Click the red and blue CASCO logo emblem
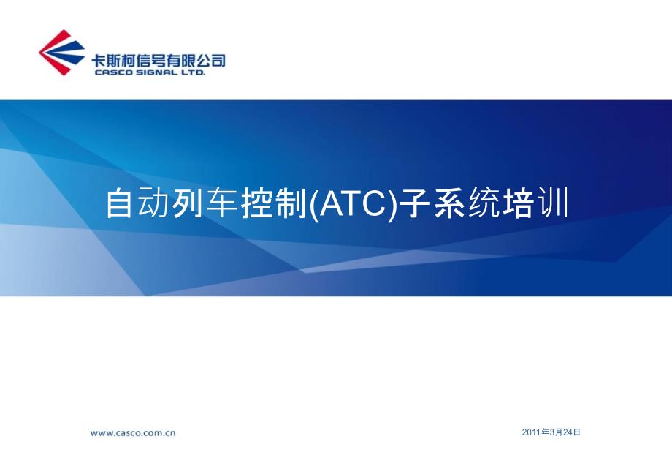coord(61,53)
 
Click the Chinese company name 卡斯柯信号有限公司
coord(158,60)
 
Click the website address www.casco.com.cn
coord(133,433)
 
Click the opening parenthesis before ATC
coord(313,204)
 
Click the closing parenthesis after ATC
coord(392,204)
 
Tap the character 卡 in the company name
coord(98,61)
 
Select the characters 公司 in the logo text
coord(210,61)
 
